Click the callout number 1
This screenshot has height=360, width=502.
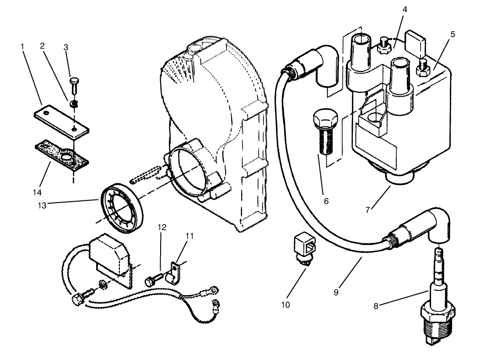click(22, 46)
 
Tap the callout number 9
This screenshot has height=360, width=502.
click(336, 291)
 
